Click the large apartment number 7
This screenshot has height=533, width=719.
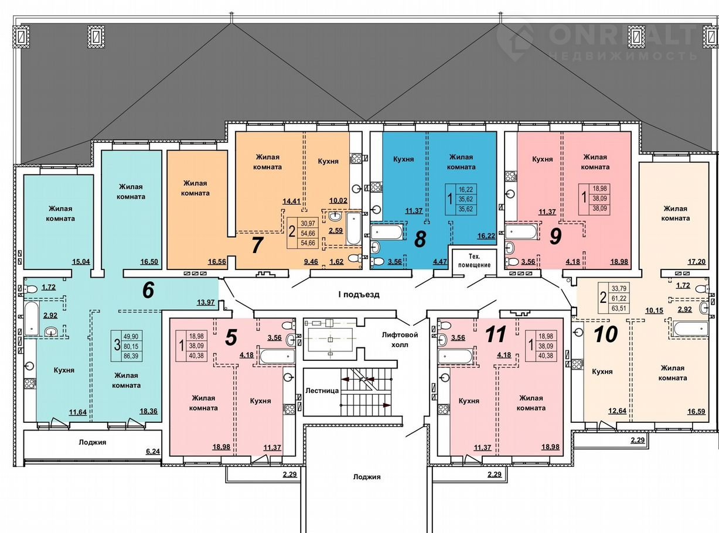(257, 245)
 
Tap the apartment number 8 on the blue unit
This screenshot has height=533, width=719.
(420, 239)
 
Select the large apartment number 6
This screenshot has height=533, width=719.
(148, 290)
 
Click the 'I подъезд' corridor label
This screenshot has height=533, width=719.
(359, 295)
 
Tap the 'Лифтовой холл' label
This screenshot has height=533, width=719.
(400, 340)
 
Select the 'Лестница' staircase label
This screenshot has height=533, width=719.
(322, 391)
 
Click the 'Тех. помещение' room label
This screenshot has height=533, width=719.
(474, 261)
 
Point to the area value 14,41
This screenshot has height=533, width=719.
(291, 201)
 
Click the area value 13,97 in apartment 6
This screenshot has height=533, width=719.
(206, 302)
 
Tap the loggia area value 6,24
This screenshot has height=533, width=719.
(153, 451)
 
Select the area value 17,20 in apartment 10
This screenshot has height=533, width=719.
(696, 261)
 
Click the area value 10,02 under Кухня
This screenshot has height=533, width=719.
(339, 200)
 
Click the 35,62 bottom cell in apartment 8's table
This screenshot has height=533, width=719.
(465, 209)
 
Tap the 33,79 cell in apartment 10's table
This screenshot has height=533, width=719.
(619, 288)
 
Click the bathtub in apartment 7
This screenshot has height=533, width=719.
(353, 229)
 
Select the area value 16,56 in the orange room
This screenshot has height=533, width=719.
(217, 261)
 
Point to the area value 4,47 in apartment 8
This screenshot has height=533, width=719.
(440, 261)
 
